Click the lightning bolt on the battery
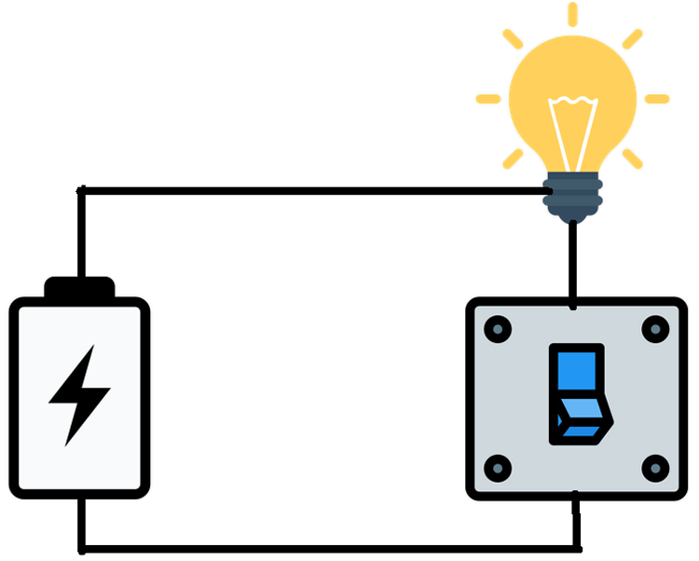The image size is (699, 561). pos(79,395)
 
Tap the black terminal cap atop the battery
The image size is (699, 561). pos(79,287)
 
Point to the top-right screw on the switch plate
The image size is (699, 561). pos(656,328)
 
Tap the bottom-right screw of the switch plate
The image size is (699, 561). pos(656,467)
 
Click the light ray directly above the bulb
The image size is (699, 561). pos(572,14)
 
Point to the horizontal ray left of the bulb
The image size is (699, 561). pos(488,99)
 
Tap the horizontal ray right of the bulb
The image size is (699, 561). pos(657,99)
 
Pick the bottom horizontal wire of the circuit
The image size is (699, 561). pos(326,548)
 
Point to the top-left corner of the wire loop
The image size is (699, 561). pos(82,192)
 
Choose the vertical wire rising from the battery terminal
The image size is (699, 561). pos(82,233)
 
